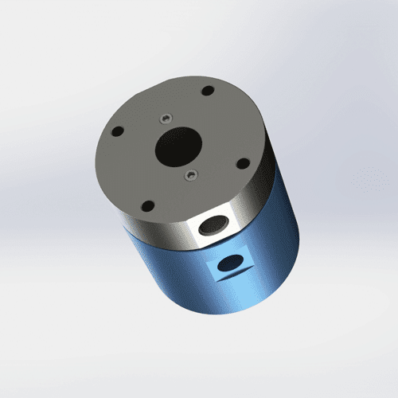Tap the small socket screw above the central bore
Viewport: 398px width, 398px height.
click(x=164, y=118)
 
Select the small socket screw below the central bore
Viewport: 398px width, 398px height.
click(x=190, y=174)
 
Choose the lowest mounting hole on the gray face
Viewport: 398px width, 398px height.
click(x=148, y=205)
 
